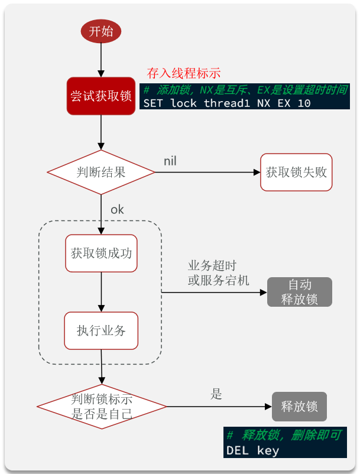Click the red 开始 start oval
click(101, 31)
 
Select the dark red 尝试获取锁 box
click(101, 96)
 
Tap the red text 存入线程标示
click(184, 73)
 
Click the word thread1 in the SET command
click(227, 103)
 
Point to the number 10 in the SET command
click(304, 103)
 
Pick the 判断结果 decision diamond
click(101, 173)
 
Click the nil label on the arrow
click(170, 161)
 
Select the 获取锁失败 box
click(296, 173)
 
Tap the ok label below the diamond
click(117, 209)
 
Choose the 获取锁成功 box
click(101, 254)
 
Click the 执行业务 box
click(101, 331)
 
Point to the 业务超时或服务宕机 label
click(219, 273)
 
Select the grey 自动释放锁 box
click(300, 292)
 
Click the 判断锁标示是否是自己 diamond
click(102, 407)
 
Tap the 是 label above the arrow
click(216, 394)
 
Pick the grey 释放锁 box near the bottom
click(299, 407)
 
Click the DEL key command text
click(252, 450)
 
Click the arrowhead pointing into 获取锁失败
click(257, 173)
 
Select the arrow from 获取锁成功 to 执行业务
click(101, 292)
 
